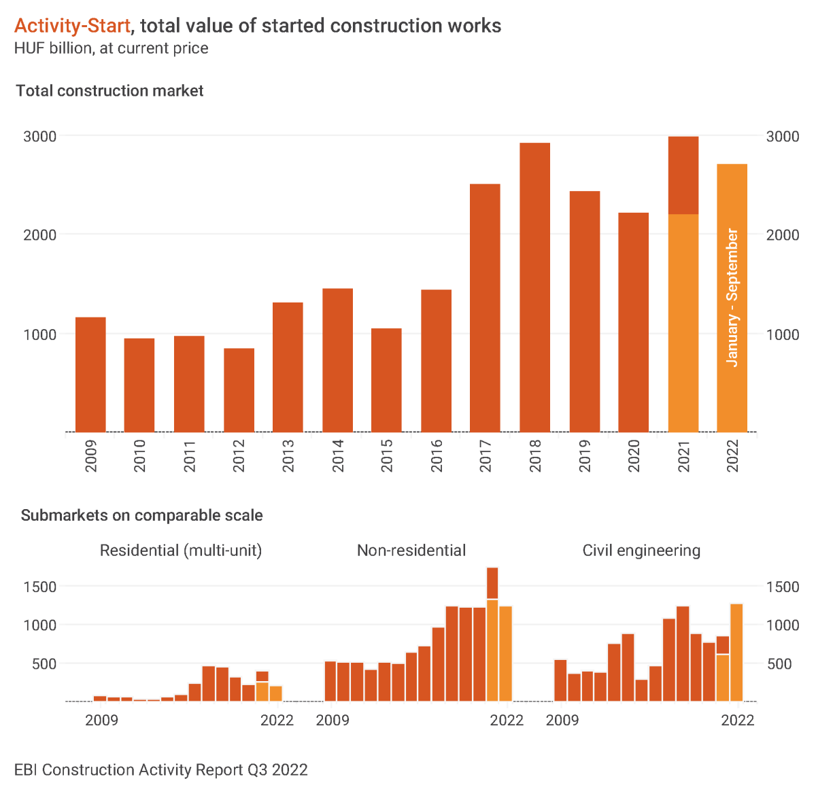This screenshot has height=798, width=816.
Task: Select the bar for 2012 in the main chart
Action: (239, 390)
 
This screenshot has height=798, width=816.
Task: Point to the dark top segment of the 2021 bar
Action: (683, 175)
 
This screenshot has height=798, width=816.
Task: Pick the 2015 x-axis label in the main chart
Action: (387, 455)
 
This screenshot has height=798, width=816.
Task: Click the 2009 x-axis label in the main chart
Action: (90, 455)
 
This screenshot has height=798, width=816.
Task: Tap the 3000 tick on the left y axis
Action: (40, 136)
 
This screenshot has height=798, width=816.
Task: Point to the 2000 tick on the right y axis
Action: (783, 235)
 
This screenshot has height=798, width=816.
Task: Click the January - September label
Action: (732, 298)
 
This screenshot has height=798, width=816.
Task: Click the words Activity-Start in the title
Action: (72, 26)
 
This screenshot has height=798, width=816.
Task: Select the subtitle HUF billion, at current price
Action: (111, 48)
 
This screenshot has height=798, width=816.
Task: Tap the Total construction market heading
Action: (109, 91)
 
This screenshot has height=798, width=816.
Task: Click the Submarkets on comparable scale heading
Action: (141, 515)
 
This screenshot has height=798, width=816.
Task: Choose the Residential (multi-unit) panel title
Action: (181, 551)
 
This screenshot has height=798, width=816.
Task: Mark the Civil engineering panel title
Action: (641, 551)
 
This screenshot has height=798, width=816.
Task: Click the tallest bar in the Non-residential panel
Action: (492, 583)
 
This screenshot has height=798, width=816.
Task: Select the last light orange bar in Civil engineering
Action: (736, 652)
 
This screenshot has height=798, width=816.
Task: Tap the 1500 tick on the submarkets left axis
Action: (40, 587)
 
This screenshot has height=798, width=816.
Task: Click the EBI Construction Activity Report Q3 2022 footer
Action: (161, 769)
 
